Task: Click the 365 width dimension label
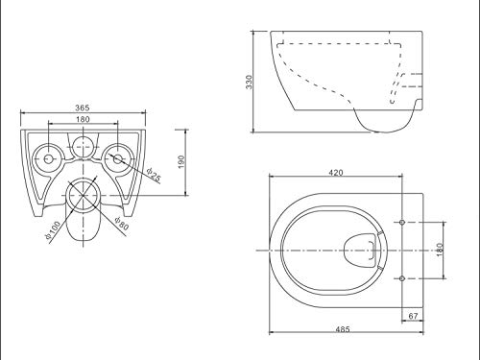tap(83, 108)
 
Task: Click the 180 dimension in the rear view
tap(83, 119)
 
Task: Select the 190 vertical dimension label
tap(181, 162)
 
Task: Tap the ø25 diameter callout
tap(154, 175)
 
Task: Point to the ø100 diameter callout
tap(53, 229)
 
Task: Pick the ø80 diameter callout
tap(122, 223)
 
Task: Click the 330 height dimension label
tap(250, 82)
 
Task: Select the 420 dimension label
tap(336, 173)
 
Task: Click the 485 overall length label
tap(343, 329)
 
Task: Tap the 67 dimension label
tap(413, 316)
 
